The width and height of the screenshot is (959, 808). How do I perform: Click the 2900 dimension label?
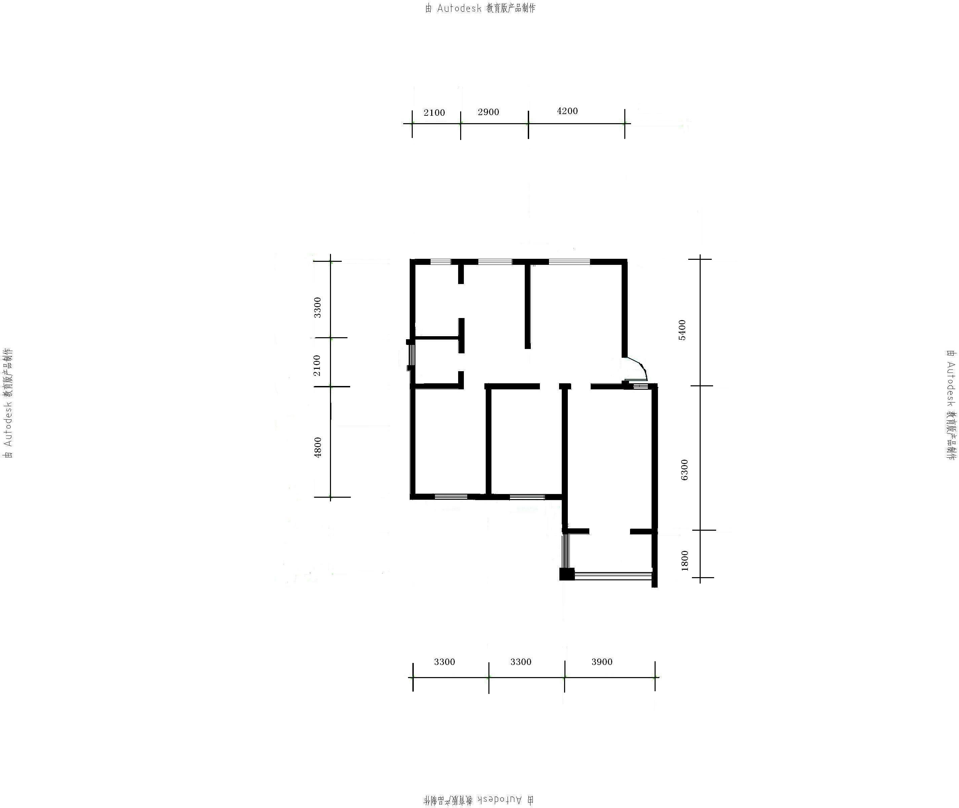pos(488,112)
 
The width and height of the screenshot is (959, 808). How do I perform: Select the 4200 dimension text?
pos(567,111)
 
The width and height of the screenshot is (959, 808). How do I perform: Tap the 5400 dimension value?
pos(682,330)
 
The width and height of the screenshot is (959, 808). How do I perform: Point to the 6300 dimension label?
pos(684,469)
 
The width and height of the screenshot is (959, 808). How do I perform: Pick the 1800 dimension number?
pos(684,561)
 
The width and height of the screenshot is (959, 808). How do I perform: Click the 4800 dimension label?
pos(317,447)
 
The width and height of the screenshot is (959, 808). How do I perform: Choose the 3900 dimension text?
pos(601,662)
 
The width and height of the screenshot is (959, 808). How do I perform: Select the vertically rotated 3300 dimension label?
pos(317,307)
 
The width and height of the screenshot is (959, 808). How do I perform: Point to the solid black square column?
pos(567,574)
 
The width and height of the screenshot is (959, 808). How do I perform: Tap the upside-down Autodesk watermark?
pos(478,800)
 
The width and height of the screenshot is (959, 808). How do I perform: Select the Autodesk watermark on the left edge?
pos(8,403)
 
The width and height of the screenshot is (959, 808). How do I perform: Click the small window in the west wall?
pos(411,355)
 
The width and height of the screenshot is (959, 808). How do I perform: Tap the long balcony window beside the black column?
pos(614,575)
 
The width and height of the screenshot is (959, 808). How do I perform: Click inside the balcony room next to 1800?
pos(610,552)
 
